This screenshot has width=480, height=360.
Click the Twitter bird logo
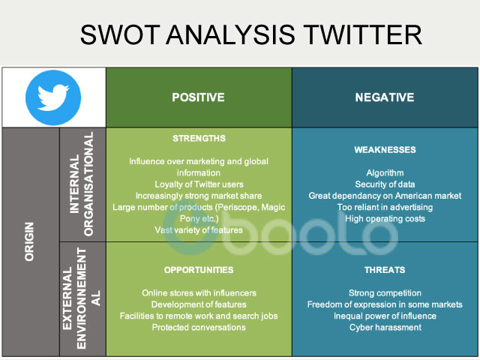[53, 97]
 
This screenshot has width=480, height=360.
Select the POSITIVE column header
[198, 97]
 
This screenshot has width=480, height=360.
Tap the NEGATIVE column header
[385, 97]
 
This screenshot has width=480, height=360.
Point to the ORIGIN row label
[31, 241]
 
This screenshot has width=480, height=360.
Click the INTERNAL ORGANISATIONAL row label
[82, 184]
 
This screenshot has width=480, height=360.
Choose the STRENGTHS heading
[199, 139]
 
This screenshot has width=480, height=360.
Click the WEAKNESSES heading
[385, 150]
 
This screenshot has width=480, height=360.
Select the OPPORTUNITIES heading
[199, 269]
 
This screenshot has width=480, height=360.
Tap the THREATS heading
[385, 269]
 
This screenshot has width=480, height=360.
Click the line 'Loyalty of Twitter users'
[199, 184]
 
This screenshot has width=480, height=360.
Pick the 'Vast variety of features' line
[199, 229]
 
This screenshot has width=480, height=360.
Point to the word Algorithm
[385, 173]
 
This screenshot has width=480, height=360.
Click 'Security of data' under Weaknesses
[385, 184]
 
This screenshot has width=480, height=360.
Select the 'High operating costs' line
[385, 219]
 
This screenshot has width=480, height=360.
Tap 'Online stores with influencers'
[199, 292]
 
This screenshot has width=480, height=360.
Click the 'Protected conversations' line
[199, 327]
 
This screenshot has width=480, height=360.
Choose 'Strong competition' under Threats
[385, 292]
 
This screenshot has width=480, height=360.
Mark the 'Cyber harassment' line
[385, 327]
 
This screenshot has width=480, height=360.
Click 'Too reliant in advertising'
[385, 207]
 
